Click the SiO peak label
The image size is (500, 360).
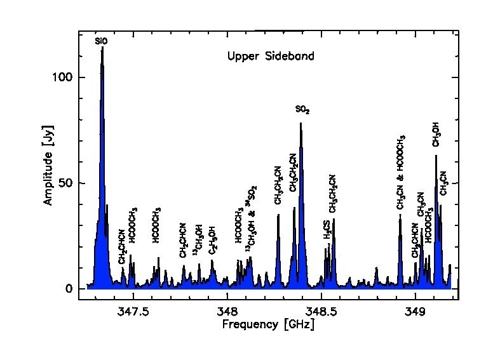[x=102, y=41]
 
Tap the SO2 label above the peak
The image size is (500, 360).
[x=303, y=110]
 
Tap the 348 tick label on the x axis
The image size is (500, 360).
[x=227, y=311]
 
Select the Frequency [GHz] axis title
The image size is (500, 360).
[x=267, y=325]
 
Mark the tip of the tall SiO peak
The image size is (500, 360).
[x=102, y=48]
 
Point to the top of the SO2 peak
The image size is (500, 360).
[x=301, y=123]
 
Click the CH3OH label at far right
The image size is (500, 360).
[x=436, y=134]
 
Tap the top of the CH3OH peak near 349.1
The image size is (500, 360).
[x=436, y=156]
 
